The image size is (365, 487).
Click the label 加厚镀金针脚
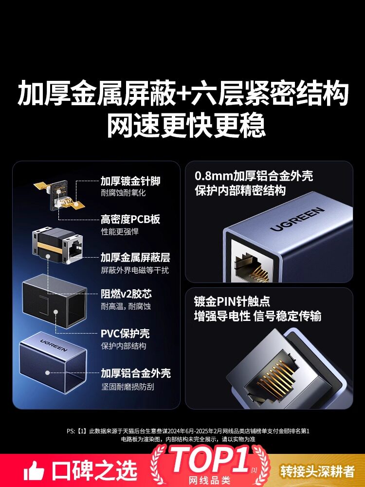pos(130,181)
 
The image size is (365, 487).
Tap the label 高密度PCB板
pos(130,219)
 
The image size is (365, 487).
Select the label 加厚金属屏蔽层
pos(135,258)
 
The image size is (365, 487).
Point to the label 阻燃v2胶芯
pos(127,294)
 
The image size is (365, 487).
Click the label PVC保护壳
pos(125,334)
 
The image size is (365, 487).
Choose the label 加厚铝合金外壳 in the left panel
pos(136,373)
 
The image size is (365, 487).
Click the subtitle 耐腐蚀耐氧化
pos(123,193)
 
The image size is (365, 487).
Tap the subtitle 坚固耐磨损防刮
pos(128,387)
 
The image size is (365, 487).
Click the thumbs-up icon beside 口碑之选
pos(34,470)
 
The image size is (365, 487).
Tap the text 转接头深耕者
pos(317,471)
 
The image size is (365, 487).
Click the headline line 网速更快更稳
pos(186,126)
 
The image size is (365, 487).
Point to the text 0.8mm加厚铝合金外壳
pos(254,176)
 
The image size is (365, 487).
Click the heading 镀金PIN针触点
pos(232,301)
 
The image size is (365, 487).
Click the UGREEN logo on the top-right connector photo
pos(297,219)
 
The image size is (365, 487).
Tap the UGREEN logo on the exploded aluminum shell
pos(54,345)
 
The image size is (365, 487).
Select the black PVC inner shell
pos(55,300)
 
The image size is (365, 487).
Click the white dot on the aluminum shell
pos(48,373)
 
